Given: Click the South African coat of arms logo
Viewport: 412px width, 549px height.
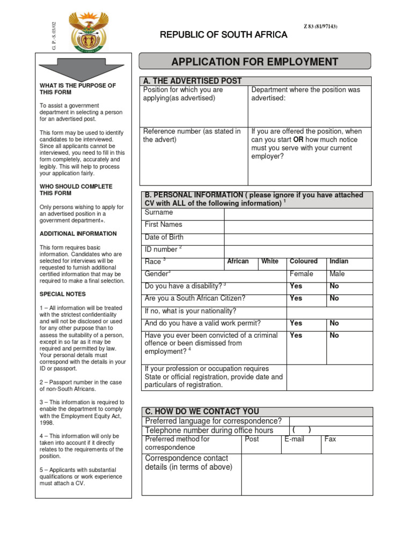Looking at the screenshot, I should [x=88, y=32].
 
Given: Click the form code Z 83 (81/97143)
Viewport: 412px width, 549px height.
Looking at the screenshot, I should [x=321, y=27].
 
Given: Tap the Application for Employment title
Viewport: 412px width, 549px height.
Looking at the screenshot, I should [x=255, y=62].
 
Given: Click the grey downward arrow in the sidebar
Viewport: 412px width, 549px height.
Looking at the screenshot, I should [x=83, y=68].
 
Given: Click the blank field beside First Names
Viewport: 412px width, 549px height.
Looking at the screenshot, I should [x=298, y=227].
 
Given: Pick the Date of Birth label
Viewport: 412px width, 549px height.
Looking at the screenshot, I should [x=164, y=237].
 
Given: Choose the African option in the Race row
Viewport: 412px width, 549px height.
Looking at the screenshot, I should [x=238, y=262].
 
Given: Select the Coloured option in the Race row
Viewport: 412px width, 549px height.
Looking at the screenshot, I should [x=304, y=262].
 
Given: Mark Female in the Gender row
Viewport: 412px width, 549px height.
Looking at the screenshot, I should [x=301, y=274].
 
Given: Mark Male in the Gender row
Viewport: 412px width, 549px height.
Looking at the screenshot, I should [x=337, y=274].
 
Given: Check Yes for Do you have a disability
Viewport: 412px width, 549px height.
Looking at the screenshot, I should [x=296, y=286].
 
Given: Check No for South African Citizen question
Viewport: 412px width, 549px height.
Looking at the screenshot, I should [x=334, y=299].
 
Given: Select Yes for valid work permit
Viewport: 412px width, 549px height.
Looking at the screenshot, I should [x=296, y=323].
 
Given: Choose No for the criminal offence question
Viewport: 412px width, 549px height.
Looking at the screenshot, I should [x=334, y=336].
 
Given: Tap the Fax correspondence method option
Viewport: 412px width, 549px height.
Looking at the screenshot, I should [x=330, y=439].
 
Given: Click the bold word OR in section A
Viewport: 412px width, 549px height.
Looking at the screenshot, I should [x=299, y=140].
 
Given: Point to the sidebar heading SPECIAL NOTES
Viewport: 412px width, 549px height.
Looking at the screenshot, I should [x=62, y=294].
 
